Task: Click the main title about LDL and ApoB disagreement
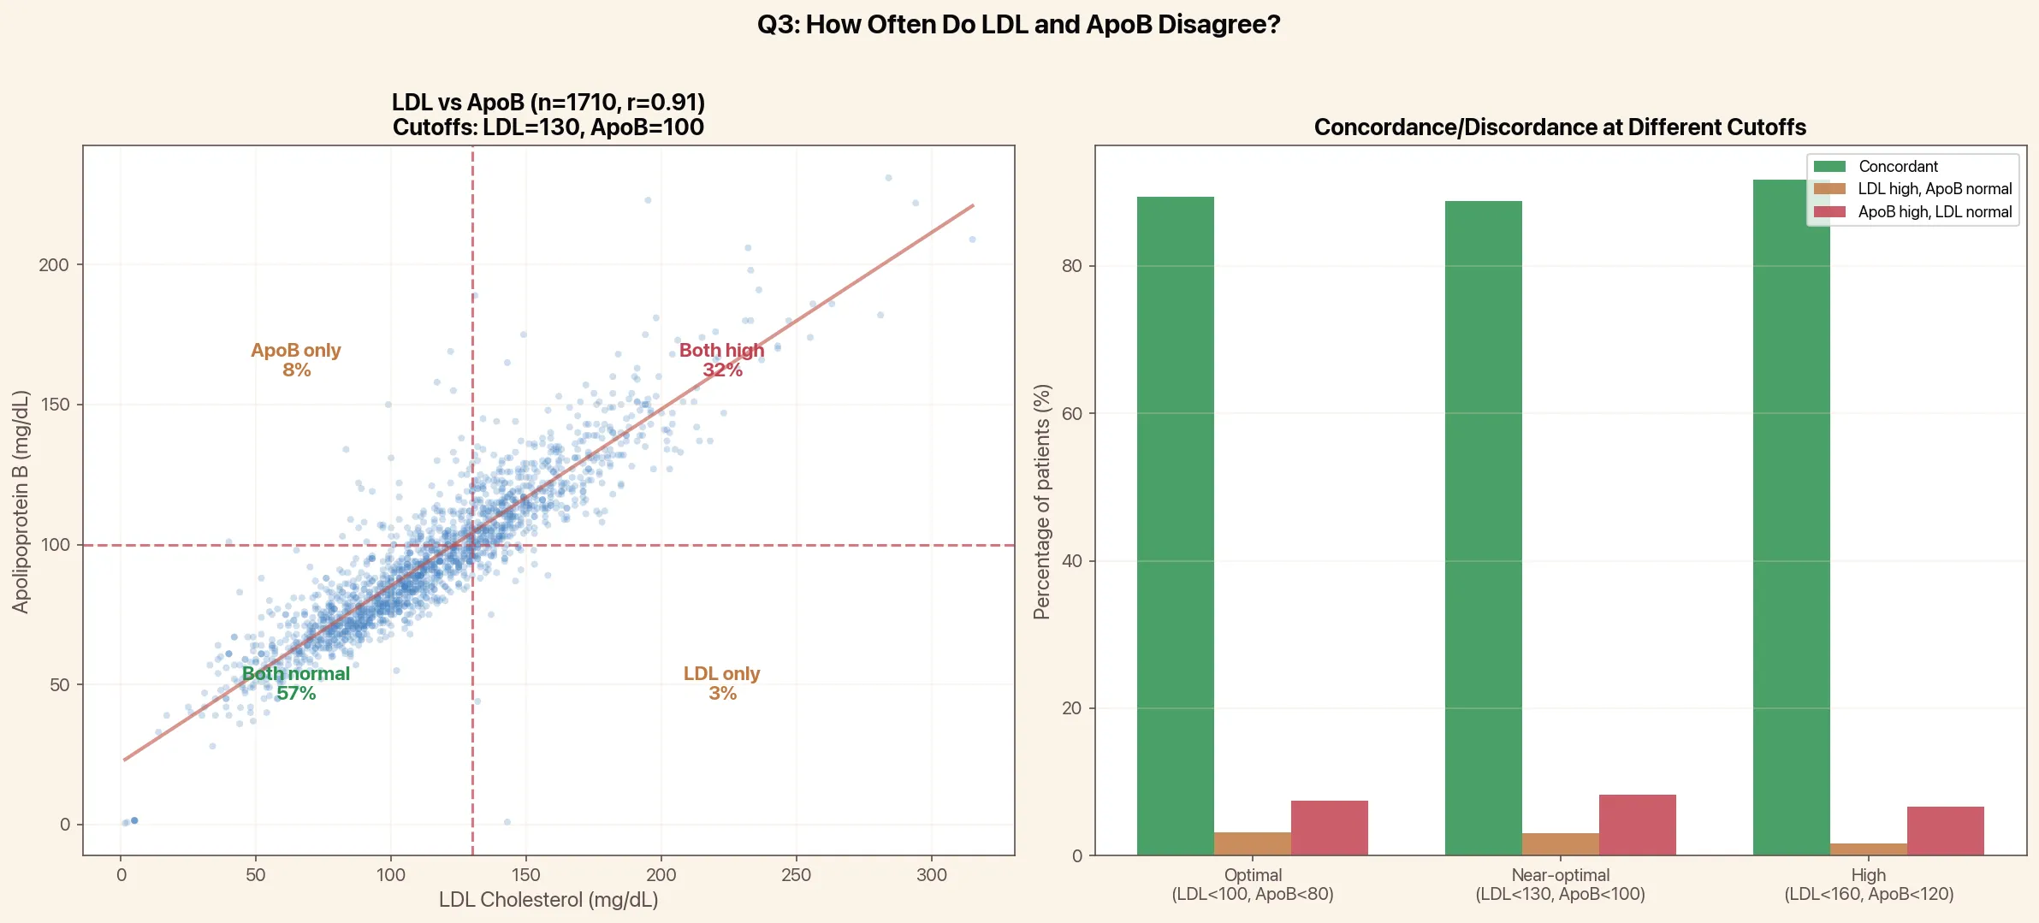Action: pos(1018,25)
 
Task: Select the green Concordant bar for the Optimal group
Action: pos(1175,525)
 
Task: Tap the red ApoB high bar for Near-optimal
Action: pos(1637,825)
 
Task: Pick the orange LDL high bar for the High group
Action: pos(1868,849)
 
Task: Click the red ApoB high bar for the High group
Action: pos(1945,831)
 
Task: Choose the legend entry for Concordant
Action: pos(1897,167)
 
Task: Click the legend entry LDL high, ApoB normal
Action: pos(1934,189)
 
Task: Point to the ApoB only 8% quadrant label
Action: pos(296,360)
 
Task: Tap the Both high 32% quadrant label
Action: pos(721,360)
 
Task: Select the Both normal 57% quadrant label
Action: pos(296,683)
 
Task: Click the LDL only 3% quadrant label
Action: pos(721,683)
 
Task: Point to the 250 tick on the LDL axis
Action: pos(796,875)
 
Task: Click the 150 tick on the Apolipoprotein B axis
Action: pos(55,405)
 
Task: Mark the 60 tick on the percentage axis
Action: pos(1071,414)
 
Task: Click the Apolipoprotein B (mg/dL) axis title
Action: pos(21,501)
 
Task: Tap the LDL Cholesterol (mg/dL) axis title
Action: pos(548,900)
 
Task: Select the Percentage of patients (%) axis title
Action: pos(1041,501)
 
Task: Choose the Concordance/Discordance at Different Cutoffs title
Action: pos(1559,127)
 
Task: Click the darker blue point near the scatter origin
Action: pos(134,820)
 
